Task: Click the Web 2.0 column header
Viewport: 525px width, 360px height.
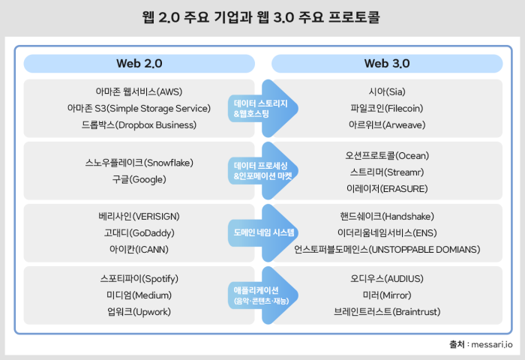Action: (x=139, y=63)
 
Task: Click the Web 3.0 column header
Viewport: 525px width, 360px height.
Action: (x=386, y=63)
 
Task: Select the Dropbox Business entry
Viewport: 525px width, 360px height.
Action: (x=139, y=124)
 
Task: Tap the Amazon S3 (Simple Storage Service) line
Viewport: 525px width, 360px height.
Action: (x=139, y=108)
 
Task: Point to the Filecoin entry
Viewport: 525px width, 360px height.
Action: (x=387, y=108)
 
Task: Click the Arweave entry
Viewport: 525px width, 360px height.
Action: (x=387, y=124)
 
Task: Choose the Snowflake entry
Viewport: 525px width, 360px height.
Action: (x=139, y=162)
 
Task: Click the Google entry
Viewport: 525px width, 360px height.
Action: (x=139, y=179)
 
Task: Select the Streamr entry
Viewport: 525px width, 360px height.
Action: (x=387, y=172)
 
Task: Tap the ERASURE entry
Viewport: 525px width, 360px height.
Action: (x=387, y=187)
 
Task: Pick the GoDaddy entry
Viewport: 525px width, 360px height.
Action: (x=139, y=232)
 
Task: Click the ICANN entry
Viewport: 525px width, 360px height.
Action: (x=139, y=248)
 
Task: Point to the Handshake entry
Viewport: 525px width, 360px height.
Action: (x=387, y=217)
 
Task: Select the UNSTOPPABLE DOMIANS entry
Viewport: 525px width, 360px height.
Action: (x=387, y=248)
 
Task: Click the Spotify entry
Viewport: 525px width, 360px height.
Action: (x=139, y=279)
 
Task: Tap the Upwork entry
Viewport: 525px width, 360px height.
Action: (x=139, y=310)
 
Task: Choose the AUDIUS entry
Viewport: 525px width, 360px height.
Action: (x=387, y=279)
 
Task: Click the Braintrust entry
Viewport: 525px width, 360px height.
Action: (x=387, y=310)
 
